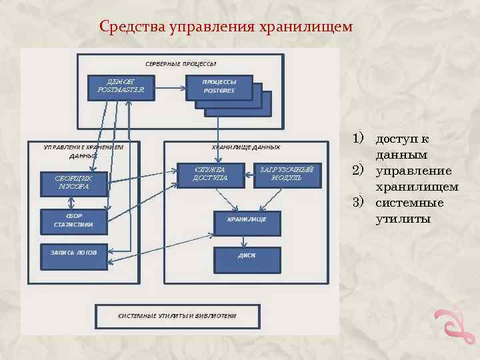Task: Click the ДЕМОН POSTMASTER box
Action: coord(120,87)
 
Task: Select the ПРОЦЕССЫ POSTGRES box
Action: coord(219,87)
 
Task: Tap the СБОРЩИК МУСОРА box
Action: coord(73,183)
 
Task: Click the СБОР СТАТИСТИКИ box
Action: coord(73,221)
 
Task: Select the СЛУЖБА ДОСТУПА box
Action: coord(210,174)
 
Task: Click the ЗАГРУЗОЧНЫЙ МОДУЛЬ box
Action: coord(289,174)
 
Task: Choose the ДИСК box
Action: coord(247,257)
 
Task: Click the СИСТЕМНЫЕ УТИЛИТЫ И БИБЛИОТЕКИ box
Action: coord(177,316)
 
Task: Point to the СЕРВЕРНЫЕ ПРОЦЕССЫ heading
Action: coord(181,64)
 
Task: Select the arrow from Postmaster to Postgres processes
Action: coord(169,87)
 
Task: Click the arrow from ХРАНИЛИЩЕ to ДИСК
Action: coord(247,241)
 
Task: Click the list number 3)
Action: coord(360,203)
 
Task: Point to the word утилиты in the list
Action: coord(403,218)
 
